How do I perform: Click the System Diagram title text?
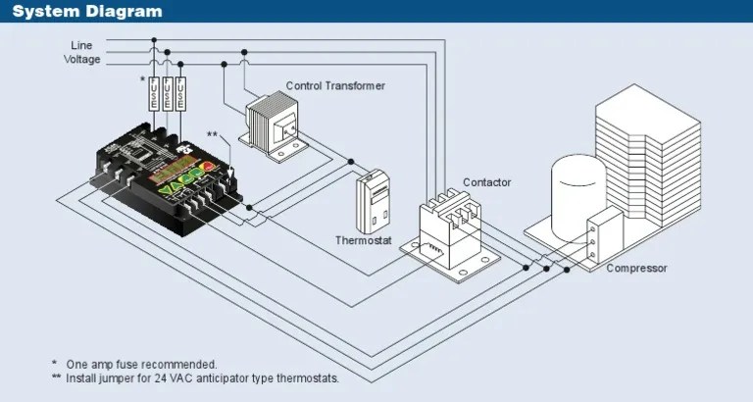click(x=87, y=12)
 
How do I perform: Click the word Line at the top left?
click(x=81, y=45)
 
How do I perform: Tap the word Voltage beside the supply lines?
click(x=81, y=59)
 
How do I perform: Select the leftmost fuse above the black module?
click(x=153, y=94)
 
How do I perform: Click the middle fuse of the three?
click(x=169, y=94)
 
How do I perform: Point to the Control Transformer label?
click(x=335, y=86)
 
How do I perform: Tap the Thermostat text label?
click(x=364, y=240)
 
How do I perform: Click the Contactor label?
click(x=486, y=183)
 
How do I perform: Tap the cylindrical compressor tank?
click(x=577, y=196)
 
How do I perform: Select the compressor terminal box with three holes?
click(x=593, y=239)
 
